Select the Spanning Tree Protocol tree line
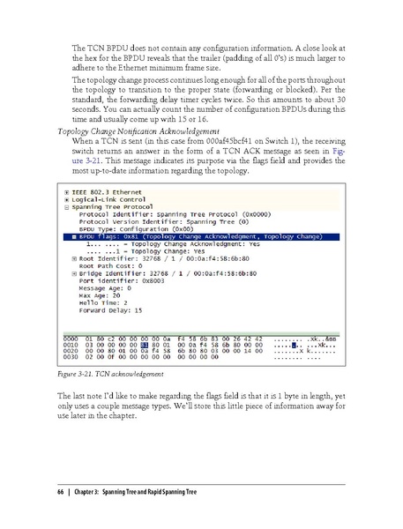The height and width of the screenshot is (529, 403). pos(115,206)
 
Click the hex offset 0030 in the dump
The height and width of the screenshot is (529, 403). pos(72,358)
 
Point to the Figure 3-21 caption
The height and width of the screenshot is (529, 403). pos(104,374)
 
